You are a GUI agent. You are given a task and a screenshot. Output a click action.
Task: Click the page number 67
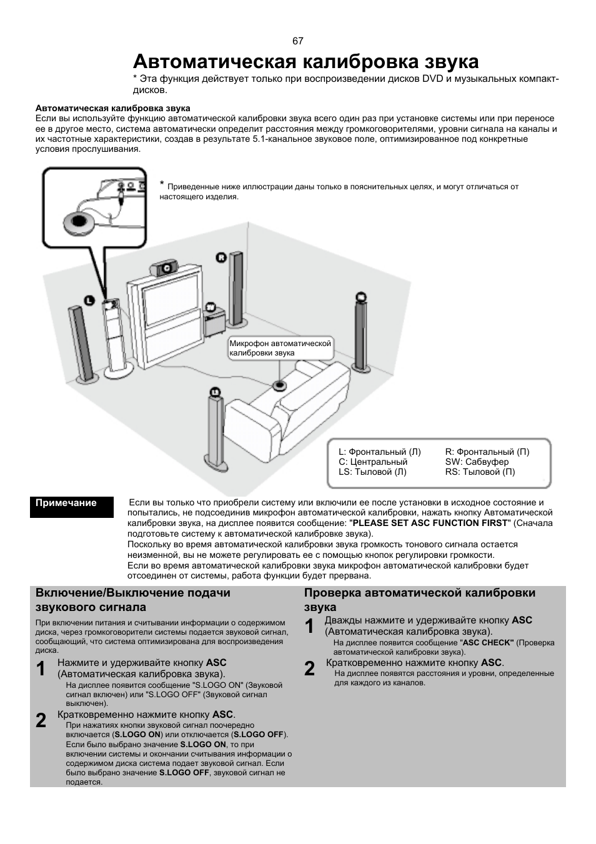click(297, 41)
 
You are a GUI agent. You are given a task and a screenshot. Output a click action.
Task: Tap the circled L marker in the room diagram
click(89, 300)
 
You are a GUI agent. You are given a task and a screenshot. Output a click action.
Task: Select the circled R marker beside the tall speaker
click(221, 257)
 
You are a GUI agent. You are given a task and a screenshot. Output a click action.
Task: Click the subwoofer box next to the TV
click(214, 321)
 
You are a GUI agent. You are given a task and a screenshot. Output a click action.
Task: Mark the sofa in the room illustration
click(287, 410)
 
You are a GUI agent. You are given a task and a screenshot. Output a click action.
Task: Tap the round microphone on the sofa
click(279, 385)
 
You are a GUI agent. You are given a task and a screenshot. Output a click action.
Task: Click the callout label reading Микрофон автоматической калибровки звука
click(281, 348)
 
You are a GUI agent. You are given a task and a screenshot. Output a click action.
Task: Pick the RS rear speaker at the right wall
click(360, 333)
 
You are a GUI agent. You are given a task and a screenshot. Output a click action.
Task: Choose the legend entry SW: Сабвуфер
click(477, 462)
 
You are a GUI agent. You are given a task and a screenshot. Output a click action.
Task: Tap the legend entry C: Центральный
click(372, 462)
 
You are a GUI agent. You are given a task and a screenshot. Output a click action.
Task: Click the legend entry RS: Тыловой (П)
click(480, 472)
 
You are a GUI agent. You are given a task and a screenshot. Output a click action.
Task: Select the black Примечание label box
click(72, 507)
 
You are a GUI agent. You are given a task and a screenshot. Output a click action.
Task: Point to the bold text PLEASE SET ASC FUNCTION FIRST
click(430, 523)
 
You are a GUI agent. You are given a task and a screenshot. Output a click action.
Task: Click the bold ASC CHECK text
click(488, 643)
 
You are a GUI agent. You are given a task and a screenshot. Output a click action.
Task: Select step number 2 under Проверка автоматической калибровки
click(309, 668)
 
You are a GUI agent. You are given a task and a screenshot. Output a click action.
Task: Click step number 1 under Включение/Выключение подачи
click(41, 669)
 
